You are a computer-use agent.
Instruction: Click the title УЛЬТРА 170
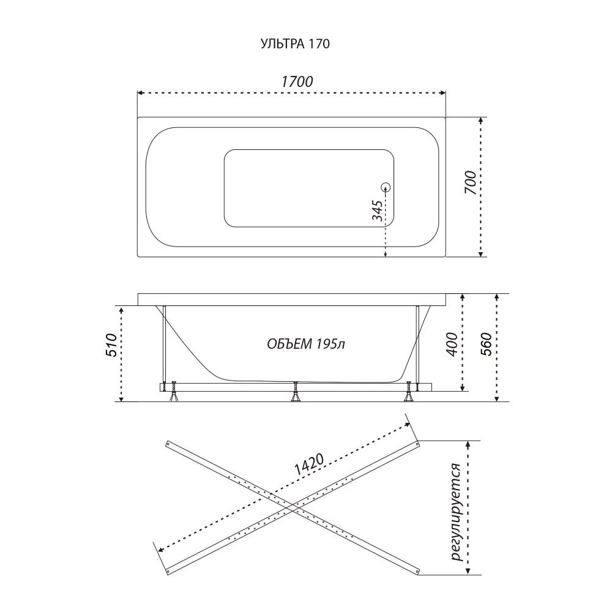coord(295,43)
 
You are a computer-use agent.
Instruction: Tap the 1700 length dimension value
coord(297,81)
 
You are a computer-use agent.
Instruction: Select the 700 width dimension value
coord(471,184)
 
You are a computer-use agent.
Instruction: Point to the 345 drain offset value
coord(377,211)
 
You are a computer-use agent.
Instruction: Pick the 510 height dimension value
coord(111,345)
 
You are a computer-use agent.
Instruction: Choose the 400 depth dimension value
coord(452,344)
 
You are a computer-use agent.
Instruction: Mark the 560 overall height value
coord(487,344)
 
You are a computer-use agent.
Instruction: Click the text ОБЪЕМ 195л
coord(306,344)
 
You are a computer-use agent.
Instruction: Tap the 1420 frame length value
coord(308,465)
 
